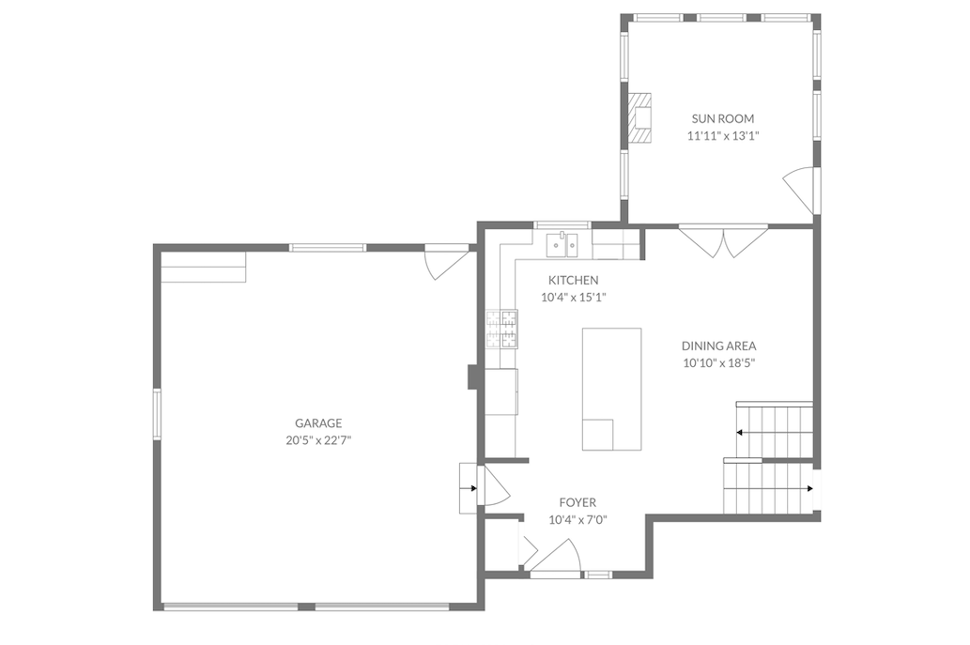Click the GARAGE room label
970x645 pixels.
pyautogui.click(x=317, y=423)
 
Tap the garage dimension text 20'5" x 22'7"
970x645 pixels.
pyautogui.click(x=317, y=439)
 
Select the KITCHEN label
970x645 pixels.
pyautogui.click(x=573, y=281)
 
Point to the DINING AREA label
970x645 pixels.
pyautogui.click(x=718, y=346)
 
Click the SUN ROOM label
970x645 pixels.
pyautogui.click(x=722, y=119)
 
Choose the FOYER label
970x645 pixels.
pyautogui.click(x=577, y=503)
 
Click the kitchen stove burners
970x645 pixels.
pyautogui.click(x=501, y=329)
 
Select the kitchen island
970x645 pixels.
pyautogui.click(x=611, y=389)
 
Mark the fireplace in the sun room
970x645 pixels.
pyautogui.click(x=640, y=117)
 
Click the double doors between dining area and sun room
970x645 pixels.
pyautogui.click(x=723, y=240)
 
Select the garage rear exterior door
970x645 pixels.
pyautogui.click(x=446, y=262)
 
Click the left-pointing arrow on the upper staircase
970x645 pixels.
pyautogui.click(x=741, y=433)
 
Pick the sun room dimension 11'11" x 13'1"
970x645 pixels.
pyautogui.click(x=722, y=136)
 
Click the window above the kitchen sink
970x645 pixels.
pyautogui.click(x=562, y=225)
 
